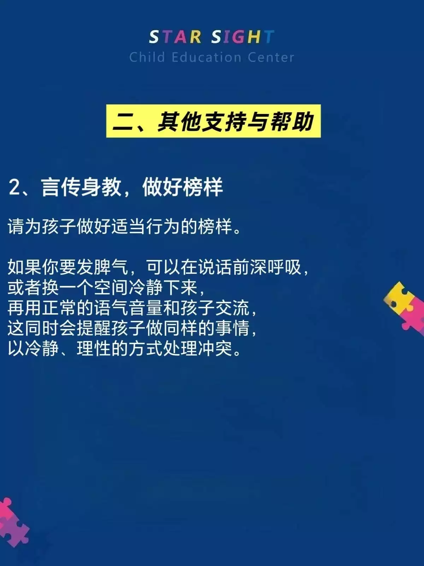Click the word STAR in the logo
coord(175,37)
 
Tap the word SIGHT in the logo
coord(243,37)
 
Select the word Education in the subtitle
coord(206,57)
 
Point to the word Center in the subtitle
coord(271,57)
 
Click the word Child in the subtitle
coord(147,57)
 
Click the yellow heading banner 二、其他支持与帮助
coord(213,121)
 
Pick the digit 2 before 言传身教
coord(14,187)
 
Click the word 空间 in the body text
coord(111,288)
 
